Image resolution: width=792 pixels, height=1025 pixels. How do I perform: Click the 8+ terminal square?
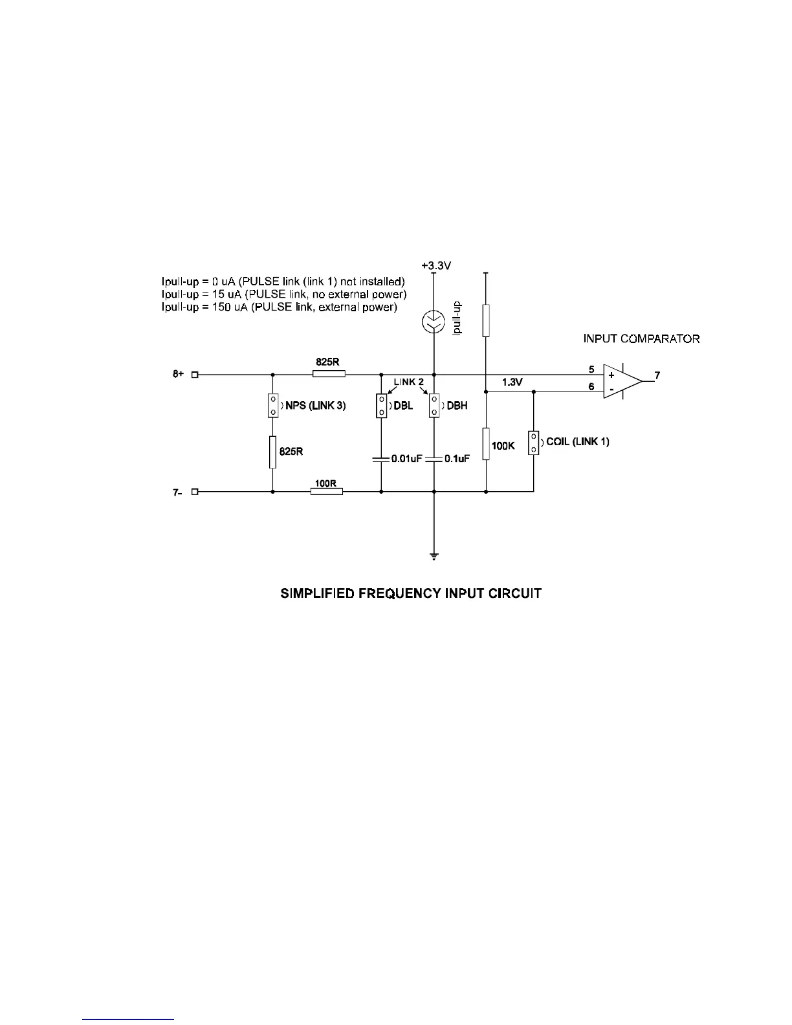(194, 374)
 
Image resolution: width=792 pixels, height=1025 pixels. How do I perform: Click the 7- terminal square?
(194, 492)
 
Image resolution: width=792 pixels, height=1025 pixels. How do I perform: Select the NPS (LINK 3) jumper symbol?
(273, 405)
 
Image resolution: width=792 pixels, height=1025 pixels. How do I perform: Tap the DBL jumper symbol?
(381, 406)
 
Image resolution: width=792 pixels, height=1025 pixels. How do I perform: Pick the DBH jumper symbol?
(434, 406)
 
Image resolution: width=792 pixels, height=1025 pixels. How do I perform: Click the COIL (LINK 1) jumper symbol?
(534, 443)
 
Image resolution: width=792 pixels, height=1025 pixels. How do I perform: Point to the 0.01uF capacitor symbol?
(381, 459)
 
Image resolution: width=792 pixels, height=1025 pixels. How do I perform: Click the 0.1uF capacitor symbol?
(434, 459)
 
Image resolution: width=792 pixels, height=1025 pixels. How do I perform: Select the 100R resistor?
(327, 492)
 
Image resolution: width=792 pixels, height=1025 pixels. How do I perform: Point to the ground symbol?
(434, 557)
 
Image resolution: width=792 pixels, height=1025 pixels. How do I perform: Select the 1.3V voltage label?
(512, 382)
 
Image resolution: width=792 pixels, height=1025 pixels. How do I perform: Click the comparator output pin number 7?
(657, 375)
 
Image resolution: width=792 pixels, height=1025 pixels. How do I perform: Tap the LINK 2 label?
(408, 382)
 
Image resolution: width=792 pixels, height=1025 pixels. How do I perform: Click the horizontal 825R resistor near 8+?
(329, 374)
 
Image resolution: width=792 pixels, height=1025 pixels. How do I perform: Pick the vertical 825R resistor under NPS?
(273, 452)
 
